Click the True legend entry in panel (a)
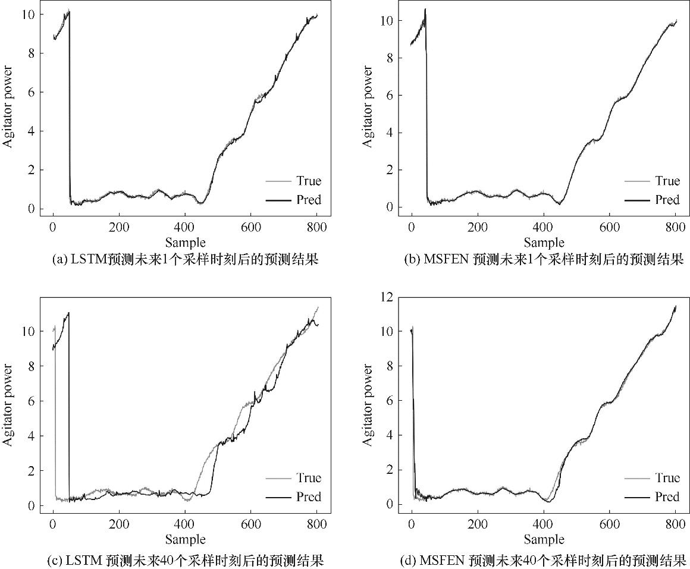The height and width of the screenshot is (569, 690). click(x=308, y=181)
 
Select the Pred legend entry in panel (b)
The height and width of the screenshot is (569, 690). click(x=667, y=200)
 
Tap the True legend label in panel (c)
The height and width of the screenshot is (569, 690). click(x=308, y=478)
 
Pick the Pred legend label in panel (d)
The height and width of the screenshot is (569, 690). click(x=667, y=496)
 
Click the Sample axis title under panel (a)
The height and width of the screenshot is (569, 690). click(x=185, y=242)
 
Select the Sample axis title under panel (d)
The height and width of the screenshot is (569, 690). click(x=544, y=539)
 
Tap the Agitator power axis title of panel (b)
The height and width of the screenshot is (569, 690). click(x=368, y=107)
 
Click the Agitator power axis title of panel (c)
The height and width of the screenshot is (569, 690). click(x=8, y=405)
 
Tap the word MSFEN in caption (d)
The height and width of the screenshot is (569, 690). click(x=442, y=560)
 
